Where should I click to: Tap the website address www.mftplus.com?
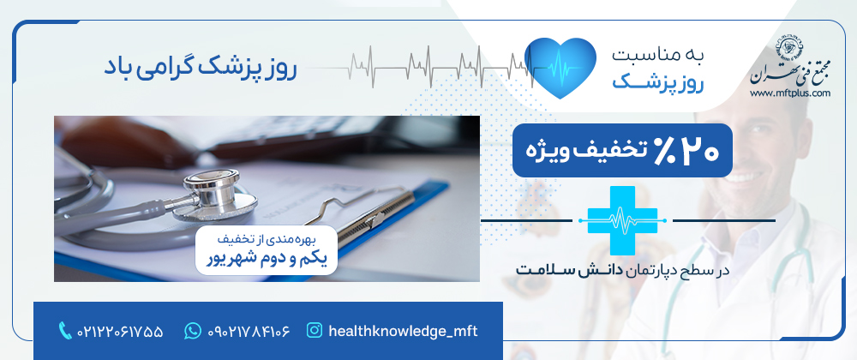pos(790,93)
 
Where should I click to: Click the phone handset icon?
pos(65,331)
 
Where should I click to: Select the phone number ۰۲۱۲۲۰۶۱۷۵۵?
pos(120,331)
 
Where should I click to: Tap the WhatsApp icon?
pos(192,331)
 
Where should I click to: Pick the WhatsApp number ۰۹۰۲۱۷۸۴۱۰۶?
pos(249,331)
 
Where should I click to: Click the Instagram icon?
pos(315,331)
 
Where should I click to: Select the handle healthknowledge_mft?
pos(403,331)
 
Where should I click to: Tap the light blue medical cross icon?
pos(622,220)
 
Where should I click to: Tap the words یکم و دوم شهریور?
pos(267,258)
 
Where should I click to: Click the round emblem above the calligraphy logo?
pos(790,47)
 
